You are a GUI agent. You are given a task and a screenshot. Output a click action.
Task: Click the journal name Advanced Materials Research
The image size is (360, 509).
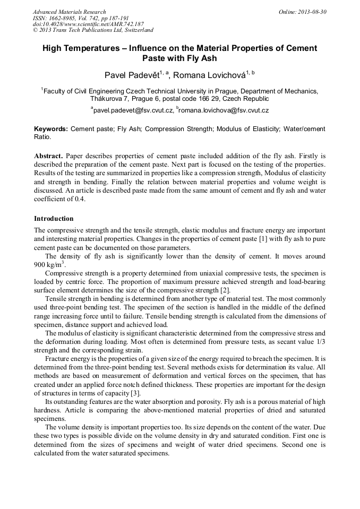(x=69, y=12)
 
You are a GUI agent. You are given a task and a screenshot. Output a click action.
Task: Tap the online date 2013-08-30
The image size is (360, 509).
(x=310, y=12)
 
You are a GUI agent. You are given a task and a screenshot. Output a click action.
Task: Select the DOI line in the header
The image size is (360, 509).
(x=88, y=24)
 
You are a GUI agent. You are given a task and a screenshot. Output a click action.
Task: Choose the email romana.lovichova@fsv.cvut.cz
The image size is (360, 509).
(x=224, y=110)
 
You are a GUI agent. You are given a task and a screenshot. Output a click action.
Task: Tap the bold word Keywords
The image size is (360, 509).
(x=50, y=129)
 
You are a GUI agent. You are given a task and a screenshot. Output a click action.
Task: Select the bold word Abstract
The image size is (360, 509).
(x=49, y=157)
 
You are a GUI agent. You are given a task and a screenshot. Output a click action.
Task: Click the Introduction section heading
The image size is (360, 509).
(x=54, y=219)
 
